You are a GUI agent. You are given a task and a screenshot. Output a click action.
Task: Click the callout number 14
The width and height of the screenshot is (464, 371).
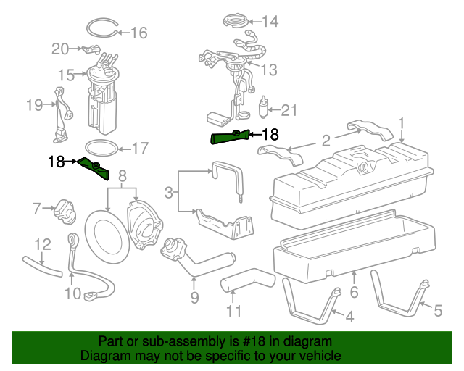coord(270,21)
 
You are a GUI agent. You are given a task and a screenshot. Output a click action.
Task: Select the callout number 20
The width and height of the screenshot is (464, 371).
coord(60,49)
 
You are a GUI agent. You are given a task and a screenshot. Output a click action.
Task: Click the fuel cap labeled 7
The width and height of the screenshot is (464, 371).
coord(65,212)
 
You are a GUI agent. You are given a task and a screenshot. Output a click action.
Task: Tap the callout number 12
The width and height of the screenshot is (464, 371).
coord(43,245)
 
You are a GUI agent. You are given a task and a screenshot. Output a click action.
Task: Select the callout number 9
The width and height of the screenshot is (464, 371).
coord(194,297)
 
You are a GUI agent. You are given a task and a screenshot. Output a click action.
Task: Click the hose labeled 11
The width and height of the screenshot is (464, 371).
coord(248,280)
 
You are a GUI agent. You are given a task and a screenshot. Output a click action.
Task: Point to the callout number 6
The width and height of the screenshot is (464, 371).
coord(354,292)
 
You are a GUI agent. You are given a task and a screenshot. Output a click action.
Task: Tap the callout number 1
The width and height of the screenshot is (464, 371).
coord(401,123)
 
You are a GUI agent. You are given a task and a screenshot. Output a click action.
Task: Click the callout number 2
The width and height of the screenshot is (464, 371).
coord(326,141)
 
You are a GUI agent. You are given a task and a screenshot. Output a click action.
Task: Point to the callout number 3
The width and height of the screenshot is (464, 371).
coord(169,193)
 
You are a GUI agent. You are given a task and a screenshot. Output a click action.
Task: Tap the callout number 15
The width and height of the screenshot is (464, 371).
coord(66,75)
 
